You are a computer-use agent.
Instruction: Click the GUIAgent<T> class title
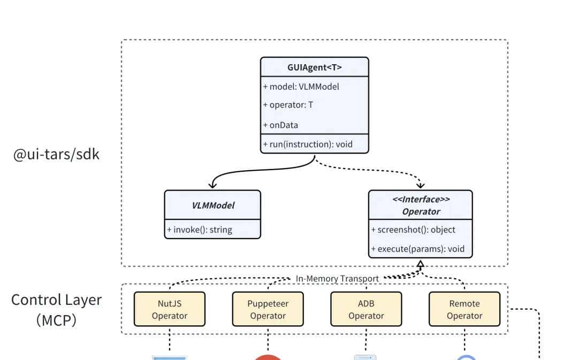[x=314, y=67]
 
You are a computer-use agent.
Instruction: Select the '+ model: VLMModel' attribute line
[x=301, y=87]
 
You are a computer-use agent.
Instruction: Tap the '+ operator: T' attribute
[x=288, y=105]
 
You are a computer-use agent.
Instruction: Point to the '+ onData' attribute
[x=280, y=125]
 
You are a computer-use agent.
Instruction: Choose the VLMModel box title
[x=212, y=205]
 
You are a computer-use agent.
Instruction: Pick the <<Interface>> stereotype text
[x=421, y=200]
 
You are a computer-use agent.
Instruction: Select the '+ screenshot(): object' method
[x=413, y=229]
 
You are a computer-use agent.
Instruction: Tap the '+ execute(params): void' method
[x=417, y=249]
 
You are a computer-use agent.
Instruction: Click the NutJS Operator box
[x=169, y=309]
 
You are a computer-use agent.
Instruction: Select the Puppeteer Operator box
[x=268, y=309]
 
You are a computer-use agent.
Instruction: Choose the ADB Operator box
[x=366, y=309]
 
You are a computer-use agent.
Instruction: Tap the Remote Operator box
[x=464, y=309]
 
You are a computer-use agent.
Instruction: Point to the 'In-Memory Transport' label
[x=337, y=278]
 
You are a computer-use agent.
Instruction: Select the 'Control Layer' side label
[x=56, y=300]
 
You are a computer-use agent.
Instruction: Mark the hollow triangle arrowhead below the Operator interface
[x=421, y=264]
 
